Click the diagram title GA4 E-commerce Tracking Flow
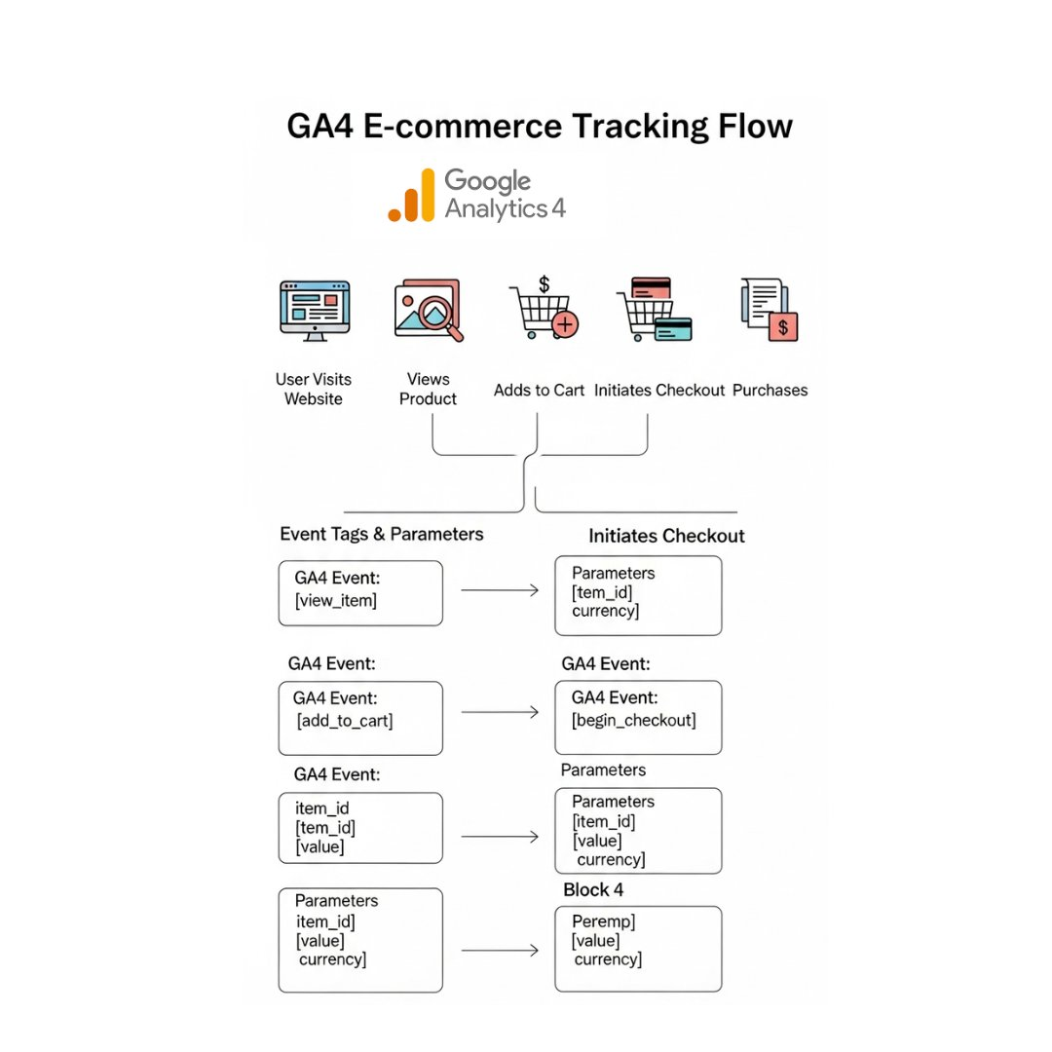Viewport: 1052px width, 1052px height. pyautogui.click(x=539, y=127)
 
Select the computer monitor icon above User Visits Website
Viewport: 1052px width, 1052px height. pyautogui.click(x=314, y=308)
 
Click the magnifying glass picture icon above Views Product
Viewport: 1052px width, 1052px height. pyautogui.click(x=429, y=311)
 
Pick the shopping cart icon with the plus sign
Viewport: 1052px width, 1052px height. pyautogui.click(x=543, y=311)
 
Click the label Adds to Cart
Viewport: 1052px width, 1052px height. pyautogui.click(x=539, y=390)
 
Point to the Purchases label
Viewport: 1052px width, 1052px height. pyautogui.click(x=770, y=390)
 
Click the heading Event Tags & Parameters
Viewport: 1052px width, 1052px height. pyautogui.click(x=381, y=534)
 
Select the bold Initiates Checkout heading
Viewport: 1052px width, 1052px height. pyautogui.click(x=666, y=536)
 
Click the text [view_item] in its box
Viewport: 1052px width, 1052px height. pyautogui.click(x=335, y=600)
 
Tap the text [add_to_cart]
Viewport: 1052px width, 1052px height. pyautogui.click(x=345, y=721)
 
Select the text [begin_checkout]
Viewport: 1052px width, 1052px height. pyautogui.click(x=633, y=720)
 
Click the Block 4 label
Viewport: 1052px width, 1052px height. pyautogui.click(x=593, y=889)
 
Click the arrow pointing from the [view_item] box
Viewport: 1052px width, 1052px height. pyautogui.click(x=500, y=590)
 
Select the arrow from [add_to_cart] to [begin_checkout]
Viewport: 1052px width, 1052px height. pyautogui.click(x=500, y=712)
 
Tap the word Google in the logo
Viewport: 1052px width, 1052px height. pyautogui.click(x=487, y=181)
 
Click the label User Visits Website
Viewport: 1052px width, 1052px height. pyautogui.click(x=314, y=389)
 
